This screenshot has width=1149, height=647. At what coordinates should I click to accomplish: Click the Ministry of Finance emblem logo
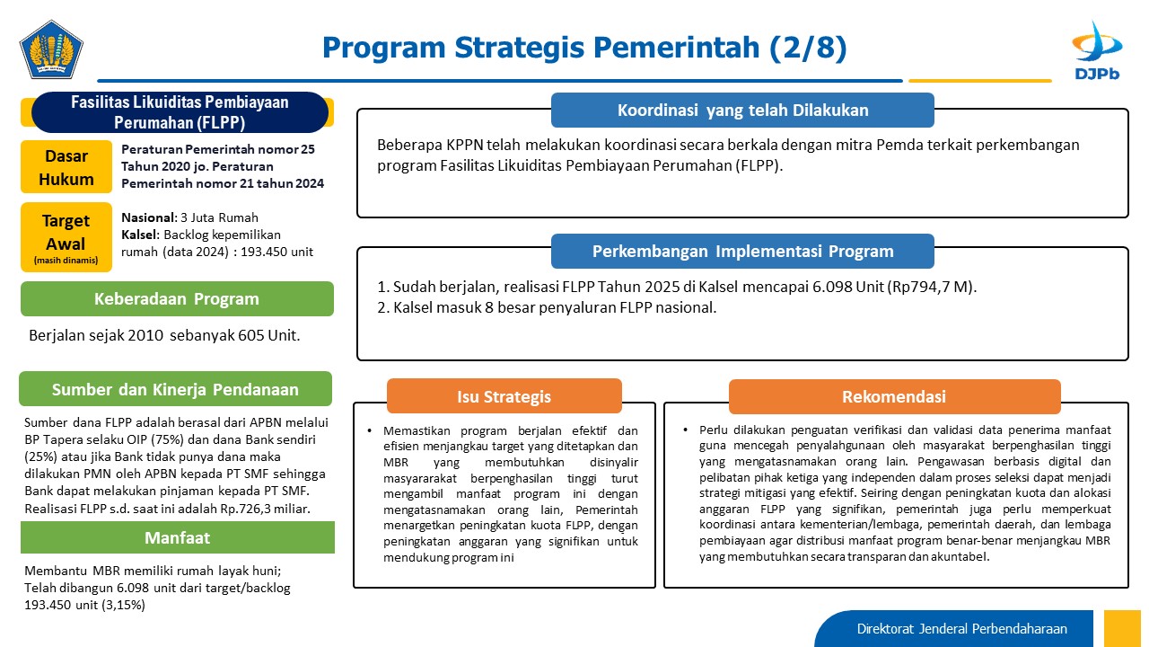point(51,49)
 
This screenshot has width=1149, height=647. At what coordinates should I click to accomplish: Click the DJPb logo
point(1097,50)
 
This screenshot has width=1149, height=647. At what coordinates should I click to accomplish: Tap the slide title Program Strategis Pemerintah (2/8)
point(584,48)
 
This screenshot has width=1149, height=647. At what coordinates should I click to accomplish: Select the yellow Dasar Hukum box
point(66,167)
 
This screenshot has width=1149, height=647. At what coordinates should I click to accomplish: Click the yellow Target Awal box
point(66,237)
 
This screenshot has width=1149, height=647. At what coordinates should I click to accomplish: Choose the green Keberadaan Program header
point(177,299)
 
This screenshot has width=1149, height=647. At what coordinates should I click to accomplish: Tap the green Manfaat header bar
point(178,537)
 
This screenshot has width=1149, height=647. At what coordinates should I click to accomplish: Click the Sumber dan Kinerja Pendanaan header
point(175,389)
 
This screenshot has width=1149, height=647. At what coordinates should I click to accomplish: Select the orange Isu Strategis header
point(504,396)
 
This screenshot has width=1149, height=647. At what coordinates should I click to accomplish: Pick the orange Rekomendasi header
point(895,396)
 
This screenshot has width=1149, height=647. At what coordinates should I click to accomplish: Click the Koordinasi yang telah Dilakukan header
point(742,110)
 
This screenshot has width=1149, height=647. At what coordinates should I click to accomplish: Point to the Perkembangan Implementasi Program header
point(742,251)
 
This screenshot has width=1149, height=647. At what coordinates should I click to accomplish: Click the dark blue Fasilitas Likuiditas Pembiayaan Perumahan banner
point(180,112)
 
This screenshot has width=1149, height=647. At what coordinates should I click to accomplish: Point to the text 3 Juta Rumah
point(220,217)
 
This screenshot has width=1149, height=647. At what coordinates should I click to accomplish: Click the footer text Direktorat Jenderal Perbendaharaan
point(961,628)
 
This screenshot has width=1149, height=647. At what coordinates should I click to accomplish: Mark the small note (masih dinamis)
point(66,261)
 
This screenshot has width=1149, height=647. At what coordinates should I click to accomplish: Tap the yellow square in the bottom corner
point(1122,628)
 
